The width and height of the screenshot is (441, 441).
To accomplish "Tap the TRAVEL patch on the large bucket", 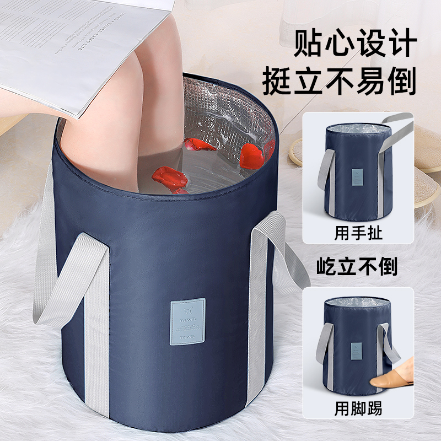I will [x=187, y=321].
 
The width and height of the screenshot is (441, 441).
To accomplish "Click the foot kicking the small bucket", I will [x=392, y=375].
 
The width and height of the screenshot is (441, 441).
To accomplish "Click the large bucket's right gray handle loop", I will [x=276, y=254].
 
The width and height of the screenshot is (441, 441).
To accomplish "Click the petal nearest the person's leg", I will [x=198, y=144].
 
